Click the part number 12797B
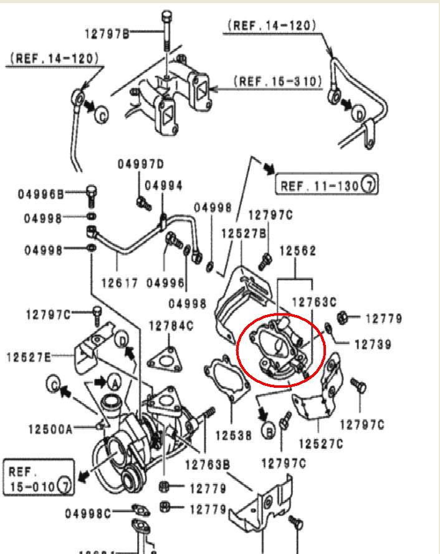[x=106, y=33]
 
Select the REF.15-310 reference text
[x=278, y=82]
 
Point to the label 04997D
[x=140, y=164]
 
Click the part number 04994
[x=164, y=185]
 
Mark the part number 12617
[x=118, y=283]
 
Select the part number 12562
[x=298, y=251]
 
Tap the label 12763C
[x=314, y=303]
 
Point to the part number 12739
[x=373, y=344]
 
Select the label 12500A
[x=50, y=429]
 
